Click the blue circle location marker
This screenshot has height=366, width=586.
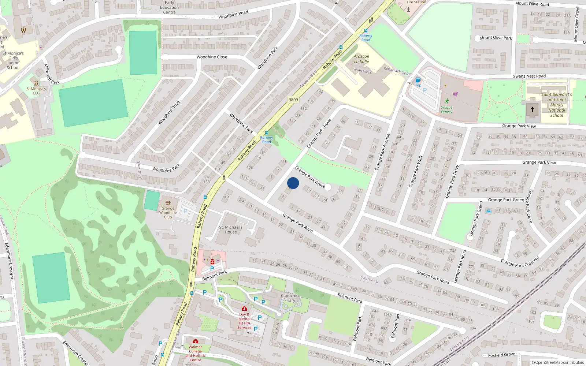click(x=293, y=183)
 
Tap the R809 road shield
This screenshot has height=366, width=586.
click(x=293, y=100)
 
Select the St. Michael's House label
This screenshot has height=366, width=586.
click(x=231, y=229)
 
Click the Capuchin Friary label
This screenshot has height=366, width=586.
click(x=290, y=298)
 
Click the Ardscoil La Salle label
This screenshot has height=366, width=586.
click(x=361, y=59)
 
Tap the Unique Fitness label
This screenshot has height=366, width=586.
click(x=446, y=109)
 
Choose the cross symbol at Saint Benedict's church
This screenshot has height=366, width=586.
click(x=533, y=109)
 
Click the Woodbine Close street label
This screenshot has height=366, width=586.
click(x=212, y=57)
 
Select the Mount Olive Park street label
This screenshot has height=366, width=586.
click(x=496, y=38)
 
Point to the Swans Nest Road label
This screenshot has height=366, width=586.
click(x=529, y=76)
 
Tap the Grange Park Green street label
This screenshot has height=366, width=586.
click(x=506, y=200)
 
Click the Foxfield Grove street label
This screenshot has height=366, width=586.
click(x=501, y=355)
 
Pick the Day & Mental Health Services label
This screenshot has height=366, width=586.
click(x=244, y=321)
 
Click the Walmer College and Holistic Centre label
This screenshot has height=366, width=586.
click(x=195, y=353)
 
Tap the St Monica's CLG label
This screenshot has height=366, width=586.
click(x=36, y=91)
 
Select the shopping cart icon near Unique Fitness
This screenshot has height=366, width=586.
click(x=455, y=94)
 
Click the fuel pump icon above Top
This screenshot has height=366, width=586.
click(x=418, y=80)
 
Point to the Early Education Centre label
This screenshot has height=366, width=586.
click(x=169, y=7)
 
